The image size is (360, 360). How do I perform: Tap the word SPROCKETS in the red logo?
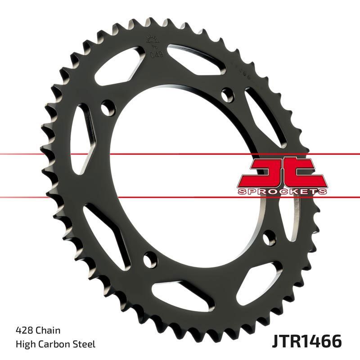[281, 191]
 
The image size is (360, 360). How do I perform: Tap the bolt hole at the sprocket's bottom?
[149, 258]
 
